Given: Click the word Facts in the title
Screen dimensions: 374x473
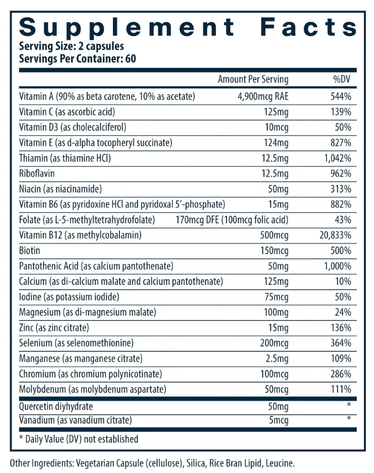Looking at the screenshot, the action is [308, 27].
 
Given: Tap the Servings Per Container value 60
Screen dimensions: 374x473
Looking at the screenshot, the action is [131, 59].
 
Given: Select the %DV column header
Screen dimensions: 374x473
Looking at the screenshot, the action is [342, 79].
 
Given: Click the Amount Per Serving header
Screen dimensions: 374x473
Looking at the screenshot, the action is [253, 79].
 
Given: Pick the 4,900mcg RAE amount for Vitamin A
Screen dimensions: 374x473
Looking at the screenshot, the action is [263, 97].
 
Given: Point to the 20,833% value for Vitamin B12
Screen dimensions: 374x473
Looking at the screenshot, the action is [335, 235].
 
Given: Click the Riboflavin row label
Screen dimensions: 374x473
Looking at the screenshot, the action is [37, 173].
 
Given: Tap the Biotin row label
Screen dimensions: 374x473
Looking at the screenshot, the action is [29, 251].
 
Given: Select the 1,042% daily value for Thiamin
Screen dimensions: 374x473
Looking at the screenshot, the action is [338, 158].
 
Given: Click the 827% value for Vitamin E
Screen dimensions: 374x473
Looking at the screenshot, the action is [341, 143].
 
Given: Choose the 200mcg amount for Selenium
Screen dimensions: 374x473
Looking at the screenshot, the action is [274, 343].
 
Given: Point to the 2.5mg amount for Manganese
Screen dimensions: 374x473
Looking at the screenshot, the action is [277, 358].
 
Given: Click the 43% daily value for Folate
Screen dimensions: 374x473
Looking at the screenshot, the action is [343, 220].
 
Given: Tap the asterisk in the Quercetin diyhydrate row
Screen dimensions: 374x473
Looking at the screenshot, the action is [349, 405].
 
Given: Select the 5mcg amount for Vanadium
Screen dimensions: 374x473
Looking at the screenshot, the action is [279, 420].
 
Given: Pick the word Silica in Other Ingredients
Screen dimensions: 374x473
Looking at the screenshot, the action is [196, 463].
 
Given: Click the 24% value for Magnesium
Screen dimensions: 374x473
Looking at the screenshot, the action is [343, 312].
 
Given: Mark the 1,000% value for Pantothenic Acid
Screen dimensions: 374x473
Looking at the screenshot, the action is [338, 266].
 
